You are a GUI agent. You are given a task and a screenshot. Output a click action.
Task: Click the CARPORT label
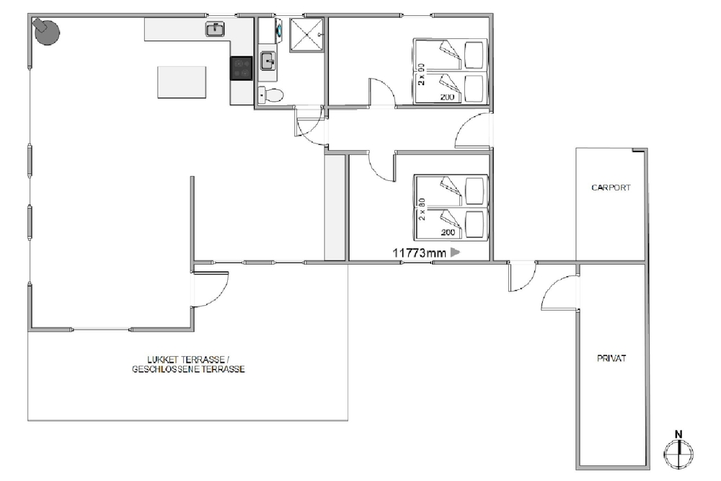point(611,187)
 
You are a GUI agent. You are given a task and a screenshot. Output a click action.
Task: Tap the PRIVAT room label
point(611,358)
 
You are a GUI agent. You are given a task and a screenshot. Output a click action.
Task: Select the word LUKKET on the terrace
point(163,360)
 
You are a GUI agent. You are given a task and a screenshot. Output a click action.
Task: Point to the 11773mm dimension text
point(419,252)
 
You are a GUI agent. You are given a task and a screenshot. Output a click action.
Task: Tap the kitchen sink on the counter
point(215,29)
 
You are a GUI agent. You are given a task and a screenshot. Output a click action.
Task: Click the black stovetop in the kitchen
point(242,68)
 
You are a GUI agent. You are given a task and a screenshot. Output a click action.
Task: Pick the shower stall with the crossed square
point(306,35)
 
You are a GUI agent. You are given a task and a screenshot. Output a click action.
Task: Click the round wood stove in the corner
point(46,32)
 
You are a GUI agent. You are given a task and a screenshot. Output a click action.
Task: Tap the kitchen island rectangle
point(182,82)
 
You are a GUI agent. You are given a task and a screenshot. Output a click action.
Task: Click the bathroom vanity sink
point(268,61)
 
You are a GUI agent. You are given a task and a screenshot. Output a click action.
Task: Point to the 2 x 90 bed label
point(421,74)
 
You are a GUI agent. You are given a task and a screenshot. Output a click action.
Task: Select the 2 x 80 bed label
point(422,209)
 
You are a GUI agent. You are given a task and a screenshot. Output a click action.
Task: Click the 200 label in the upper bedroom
point(447,97)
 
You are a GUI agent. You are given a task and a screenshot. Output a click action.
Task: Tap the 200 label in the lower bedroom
point(448,232)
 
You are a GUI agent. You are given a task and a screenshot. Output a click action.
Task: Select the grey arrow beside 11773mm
point(455,252)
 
